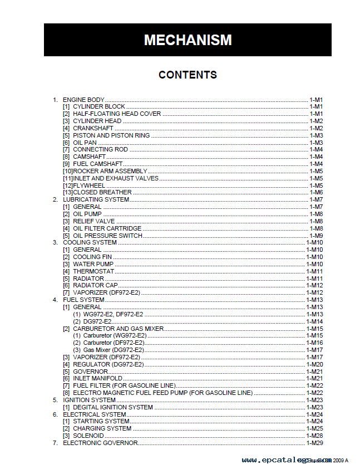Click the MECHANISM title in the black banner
click(x=188, y=40)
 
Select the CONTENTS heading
click(x=188, y=75)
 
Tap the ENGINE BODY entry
click(x=83, y=100)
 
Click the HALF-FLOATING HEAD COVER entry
click(x=117, y=114)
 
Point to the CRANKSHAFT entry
click(x=93, y=128)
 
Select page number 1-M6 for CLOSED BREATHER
click(x=316, y=193)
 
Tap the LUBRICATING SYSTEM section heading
click(x=96, y=199)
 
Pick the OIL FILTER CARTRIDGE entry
click(x=107, y=228)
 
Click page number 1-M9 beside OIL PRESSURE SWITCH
click(x=316, y=236)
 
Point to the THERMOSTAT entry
click(x=93, y=271)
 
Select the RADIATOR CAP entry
click(x=95, y=286)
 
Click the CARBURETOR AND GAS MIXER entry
click(x=118, y=329)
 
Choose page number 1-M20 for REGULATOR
click(x=314, y=364)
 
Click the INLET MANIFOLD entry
click(x=97, y=379)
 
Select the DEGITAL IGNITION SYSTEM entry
click(x=112, y=407)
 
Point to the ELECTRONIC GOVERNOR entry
click(x=100, y=443)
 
